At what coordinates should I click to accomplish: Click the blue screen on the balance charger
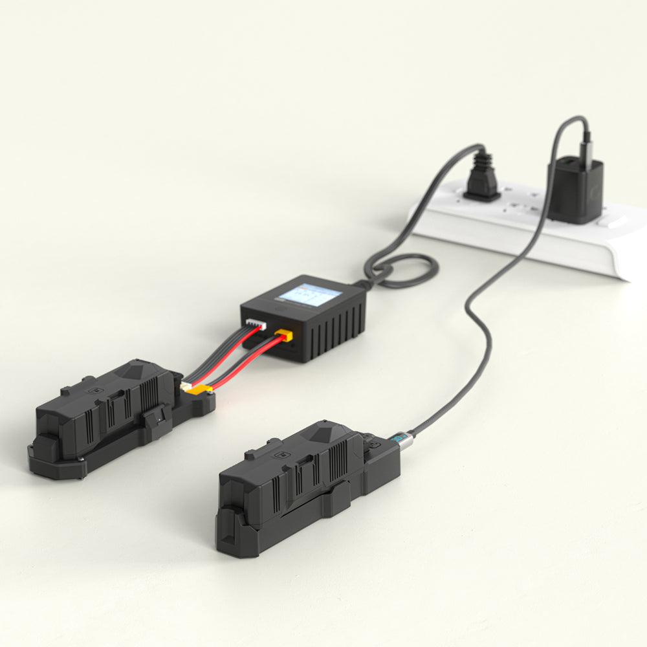coord(309,295)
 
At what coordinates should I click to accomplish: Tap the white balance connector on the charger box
coord(256,324)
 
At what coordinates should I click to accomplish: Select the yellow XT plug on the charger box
coord(283,335)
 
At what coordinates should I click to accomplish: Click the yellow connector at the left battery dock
coord(201,389)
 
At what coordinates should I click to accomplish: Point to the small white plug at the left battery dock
coord(186,386)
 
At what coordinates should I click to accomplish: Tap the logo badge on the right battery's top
coord(283,454)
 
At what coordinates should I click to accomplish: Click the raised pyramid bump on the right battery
coord(330,430)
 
